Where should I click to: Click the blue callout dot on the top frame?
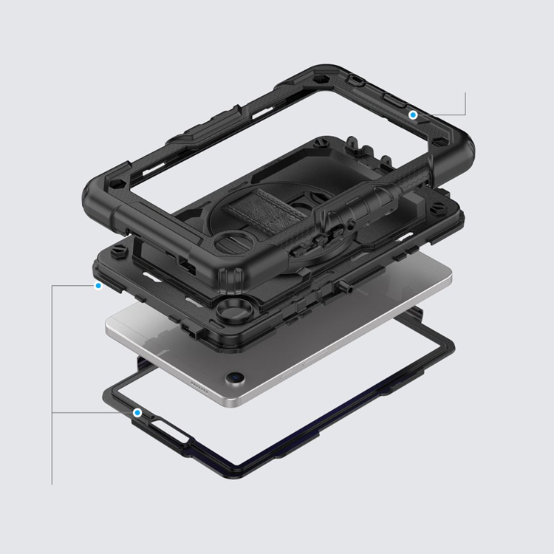(x=414, y=114)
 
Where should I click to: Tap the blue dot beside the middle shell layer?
(x=98, y=286)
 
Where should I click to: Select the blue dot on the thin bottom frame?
(x=137, y=412)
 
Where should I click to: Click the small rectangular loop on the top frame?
(x=358, y=78)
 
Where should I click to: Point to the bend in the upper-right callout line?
(x=465, y=114)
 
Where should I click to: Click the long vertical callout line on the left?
(x=52, y=384)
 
